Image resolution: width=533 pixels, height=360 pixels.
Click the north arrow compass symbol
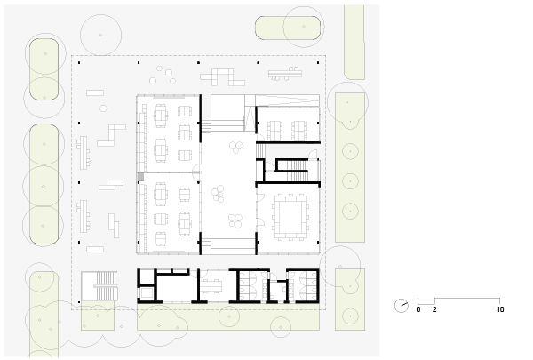(402, 306)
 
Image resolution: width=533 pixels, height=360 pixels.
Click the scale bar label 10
(500, 309)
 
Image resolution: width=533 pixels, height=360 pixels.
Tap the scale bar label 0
(418, 309)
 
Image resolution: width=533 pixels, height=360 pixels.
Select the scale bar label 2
(434, 309)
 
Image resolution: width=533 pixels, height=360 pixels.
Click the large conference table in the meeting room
(290, 218)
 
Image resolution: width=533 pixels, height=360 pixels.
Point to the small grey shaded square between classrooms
(140, 176)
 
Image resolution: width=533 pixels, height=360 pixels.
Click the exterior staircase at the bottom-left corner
(99, 286)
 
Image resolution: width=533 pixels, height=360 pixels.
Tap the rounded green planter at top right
(288, 28)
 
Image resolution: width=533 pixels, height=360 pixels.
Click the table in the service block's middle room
(211, 286)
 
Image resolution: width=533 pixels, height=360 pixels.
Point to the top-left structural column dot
(79, 62)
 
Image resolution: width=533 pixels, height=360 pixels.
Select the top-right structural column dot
(318, 62)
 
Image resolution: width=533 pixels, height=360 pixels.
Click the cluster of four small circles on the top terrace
(163, 76)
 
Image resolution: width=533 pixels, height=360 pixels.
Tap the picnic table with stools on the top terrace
(285, 74)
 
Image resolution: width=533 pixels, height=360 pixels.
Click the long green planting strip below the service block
(228, 316)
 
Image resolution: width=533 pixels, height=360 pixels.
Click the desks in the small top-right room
(287, 130)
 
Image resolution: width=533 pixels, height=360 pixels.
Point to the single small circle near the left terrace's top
(103, 108)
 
